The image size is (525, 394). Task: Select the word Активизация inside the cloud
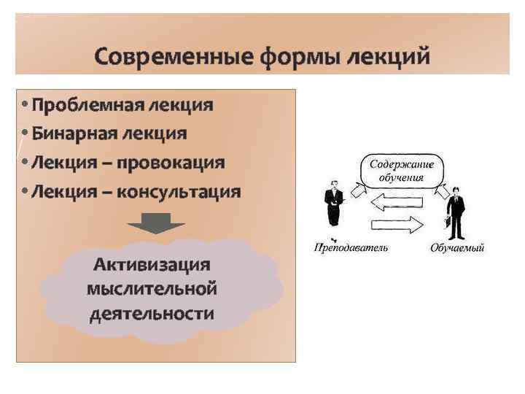tap(152, 264)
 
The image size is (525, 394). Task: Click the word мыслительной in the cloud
tap(152, 289)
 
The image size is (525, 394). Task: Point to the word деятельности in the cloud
tap(152, 314)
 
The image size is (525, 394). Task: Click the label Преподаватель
tap(351, 248)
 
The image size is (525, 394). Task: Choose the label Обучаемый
tap(457, 249)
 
